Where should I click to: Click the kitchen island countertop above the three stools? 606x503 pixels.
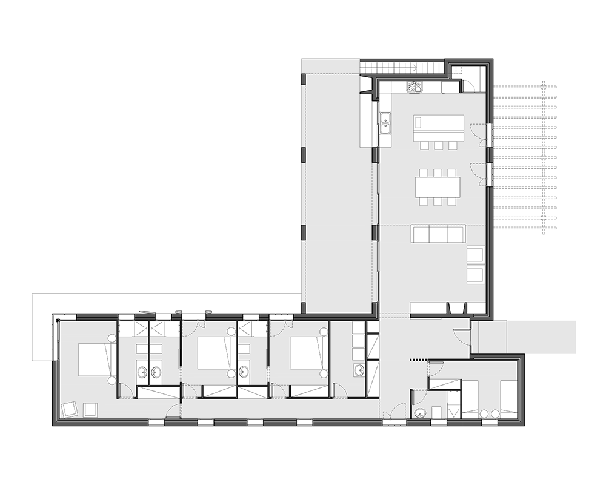click(x=439, y=127)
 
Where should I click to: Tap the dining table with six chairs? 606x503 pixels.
click(x=438, y=186)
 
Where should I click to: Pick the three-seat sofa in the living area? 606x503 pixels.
click(x=438, y=234)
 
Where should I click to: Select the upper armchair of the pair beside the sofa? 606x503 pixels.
click(x=475, y=255)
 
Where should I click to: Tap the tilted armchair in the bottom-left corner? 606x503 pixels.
click(x=68, y=410)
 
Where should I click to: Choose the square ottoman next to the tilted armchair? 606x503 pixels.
click(x=91, y=410)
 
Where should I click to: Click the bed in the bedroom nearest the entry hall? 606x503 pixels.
click(x=306, y=353)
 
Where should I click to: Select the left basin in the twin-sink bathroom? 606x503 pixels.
click(x=143, y=372)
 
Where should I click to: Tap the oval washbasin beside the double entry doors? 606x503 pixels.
click(x=420, y=413)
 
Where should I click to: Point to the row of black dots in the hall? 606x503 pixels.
click(x=418, y=360)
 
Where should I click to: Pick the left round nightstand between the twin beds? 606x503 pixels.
click(x=484, y=413)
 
